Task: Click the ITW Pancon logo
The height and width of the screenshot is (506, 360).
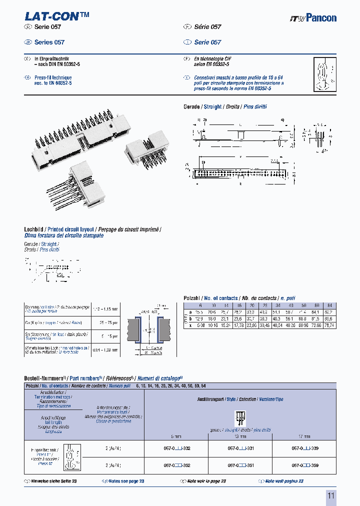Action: click(313, 18)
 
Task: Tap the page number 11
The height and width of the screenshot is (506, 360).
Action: click(330, 495)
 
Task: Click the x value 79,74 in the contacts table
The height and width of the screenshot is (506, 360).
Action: click(328, 325)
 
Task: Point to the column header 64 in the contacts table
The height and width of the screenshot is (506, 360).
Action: click(328, 305)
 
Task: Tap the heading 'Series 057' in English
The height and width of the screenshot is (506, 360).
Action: click(49, 42)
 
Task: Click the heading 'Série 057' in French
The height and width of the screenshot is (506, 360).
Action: click(207, 27)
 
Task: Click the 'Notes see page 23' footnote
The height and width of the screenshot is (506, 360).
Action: click(126, 481)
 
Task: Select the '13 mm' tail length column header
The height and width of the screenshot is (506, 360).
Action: click(239, 436)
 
